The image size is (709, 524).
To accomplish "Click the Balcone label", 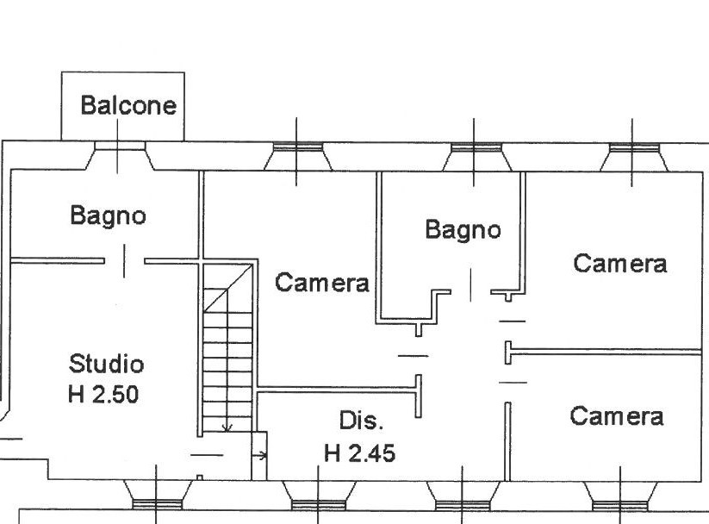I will [128, 106].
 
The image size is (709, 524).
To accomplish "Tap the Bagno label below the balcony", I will [108, 215].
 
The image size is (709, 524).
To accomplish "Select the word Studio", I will [106, 363].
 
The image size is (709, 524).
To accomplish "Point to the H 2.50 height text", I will [103, 396].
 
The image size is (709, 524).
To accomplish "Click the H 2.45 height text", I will [360, 452].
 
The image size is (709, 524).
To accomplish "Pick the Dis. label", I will [361, 421].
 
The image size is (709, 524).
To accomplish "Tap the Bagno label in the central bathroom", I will [463, 229].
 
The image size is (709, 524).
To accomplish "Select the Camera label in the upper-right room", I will [620, 263].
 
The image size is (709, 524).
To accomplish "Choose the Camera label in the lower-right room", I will [617, 416].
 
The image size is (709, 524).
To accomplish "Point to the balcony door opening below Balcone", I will [121, 156].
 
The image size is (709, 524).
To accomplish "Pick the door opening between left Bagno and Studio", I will [124, 260].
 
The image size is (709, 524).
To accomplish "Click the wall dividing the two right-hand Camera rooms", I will [607, 351].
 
